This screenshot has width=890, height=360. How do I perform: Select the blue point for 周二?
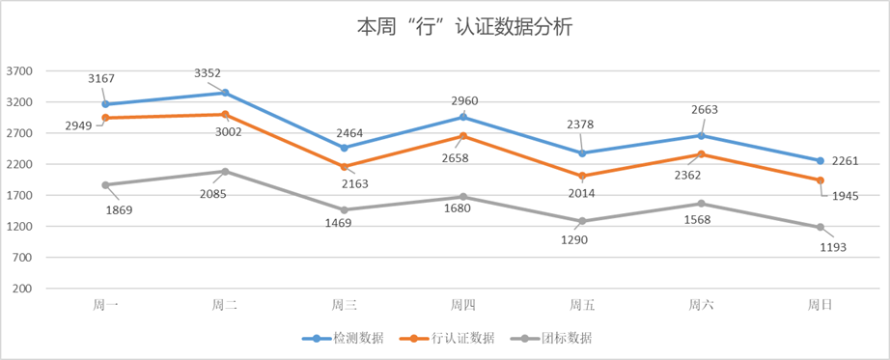click(x=225, y=93)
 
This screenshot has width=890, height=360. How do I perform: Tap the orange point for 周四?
click(x=463, y=136)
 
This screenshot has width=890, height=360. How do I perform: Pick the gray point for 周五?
click(x=582, y=221)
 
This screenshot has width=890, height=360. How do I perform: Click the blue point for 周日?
click(x=820, y=161)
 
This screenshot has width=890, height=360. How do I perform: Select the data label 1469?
click(x=337, y=223)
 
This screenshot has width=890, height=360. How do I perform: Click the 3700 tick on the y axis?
click(x=20, y=71)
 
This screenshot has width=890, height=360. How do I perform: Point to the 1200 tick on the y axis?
click(x=20, y=227)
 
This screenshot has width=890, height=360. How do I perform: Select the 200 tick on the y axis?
click(x=24, y=289)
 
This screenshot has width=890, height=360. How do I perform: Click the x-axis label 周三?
click(x=344, y=305)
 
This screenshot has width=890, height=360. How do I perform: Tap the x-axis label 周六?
click(x=701, y=305)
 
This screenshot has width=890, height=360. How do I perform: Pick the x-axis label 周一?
click(x=105, y=305)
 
